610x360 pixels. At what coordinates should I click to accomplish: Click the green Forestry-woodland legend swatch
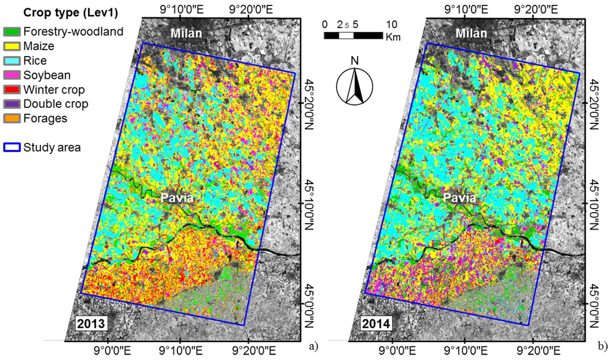click(11, 32)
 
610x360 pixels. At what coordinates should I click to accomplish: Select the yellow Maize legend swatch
click(11, 46)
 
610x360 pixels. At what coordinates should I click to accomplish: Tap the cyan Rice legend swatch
click(11, 61)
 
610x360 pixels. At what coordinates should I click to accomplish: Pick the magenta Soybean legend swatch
click(11, 75)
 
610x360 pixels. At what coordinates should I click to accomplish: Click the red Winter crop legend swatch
click(11, 90)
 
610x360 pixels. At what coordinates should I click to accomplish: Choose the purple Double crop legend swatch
click(11, 104)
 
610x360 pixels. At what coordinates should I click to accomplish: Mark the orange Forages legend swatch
click(11, 119)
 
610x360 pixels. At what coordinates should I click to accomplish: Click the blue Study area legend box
click(11, 147)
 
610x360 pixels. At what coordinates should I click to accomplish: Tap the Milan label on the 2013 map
click(184, 34)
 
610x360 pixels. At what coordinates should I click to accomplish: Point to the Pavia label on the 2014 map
click(459, 198)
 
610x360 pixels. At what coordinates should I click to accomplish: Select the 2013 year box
click(90, 324)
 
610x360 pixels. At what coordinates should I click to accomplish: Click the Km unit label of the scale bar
click(393, 37)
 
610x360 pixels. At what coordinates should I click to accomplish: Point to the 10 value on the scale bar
click(391, 25)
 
